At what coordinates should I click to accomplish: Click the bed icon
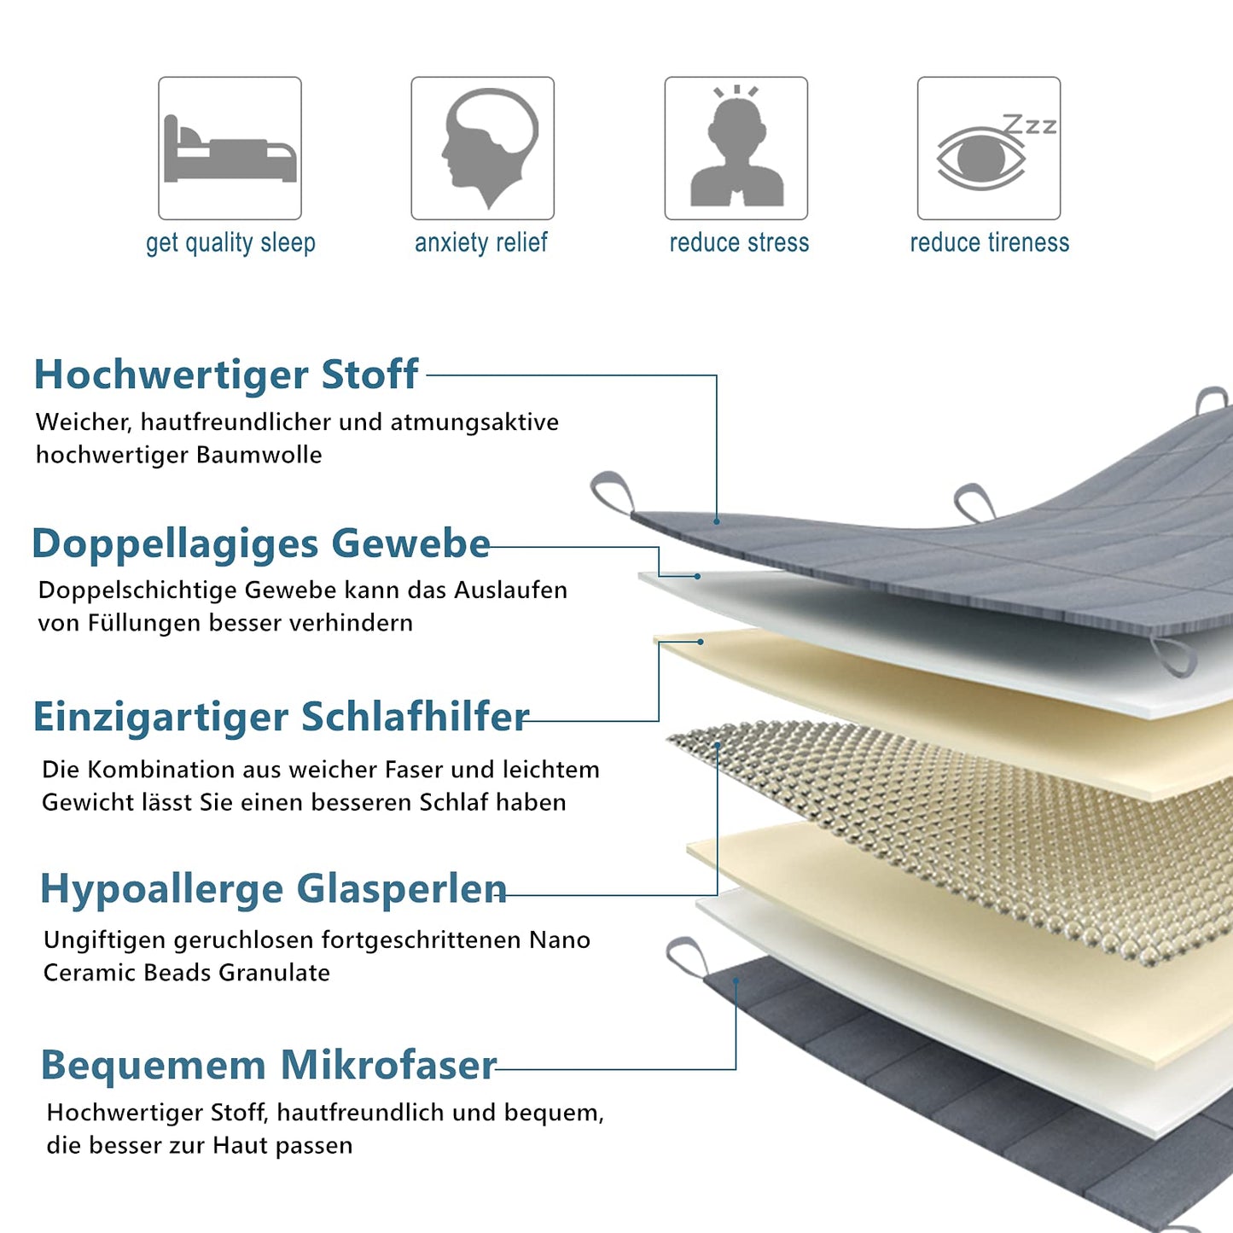(x=230, y=148)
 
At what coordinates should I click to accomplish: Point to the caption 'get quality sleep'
(x=230, y=243)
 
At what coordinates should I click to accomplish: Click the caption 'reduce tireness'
(x=989, y=243)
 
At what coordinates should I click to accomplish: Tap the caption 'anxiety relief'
(x=481, y=243)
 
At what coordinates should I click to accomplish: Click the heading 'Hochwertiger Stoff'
(x=226, y=375)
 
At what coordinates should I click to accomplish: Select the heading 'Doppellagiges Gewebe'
(x=261, y=544)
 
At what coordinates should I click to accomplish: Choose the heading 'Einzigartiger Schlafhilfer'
(x=281, y=717)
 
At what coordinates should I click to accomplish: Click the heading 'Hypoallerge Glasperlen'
(x=273, y=889)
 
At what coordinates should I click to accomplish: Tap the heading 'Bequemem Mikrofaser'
(x=269, y=1065)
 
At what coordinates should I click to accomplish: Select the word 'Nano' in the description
(x=560, y=940)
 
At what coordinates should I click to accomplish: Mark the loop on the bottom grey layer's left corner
(x=688, y=956)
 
